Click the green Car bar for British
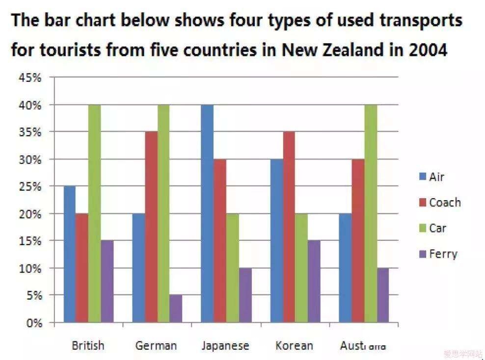pyautogui.click(x=94, y=214)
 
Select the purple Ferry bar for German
pyautogui.click(x=176, y=309)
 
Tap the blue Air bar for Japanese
pyautogui.click(x=207, y=214)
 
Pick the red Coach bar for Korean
pyautogui.click(x=289, y=227)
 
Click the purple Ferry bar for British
pyautogui.click(x=107, y=282)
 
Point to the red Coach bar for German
pyautogui.click(x=151, y=227)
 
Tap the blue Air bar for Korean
pyautogui.click(x=276, y=241)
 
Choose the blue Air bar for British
pyautogui.click(x=70, y=255)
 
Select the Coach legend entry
pyautogui.click(x=439, y=202)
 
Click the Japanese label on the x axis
pyautogui.click(x=225, y=345)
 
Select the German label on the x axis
pyautogui.click(x=156, y=345)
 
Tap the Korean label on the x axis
pyautogui.click(x=294, y=345)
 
